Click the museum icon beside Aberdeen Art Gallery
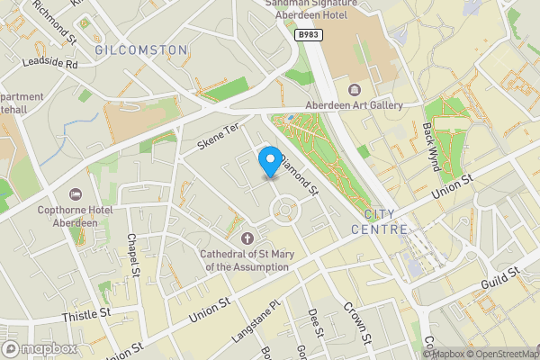coord(352,89)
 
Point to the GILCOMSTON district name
coord(141,49)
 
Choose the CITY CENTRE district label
coord(391,221)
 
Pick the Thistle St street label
coord(86,314)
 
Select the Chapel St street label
coord(133,254)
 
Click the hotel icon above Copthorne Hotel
coord(75,194)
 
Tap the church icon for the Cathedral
coord(249,238)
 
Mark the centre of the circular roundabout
coord(283,210)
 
